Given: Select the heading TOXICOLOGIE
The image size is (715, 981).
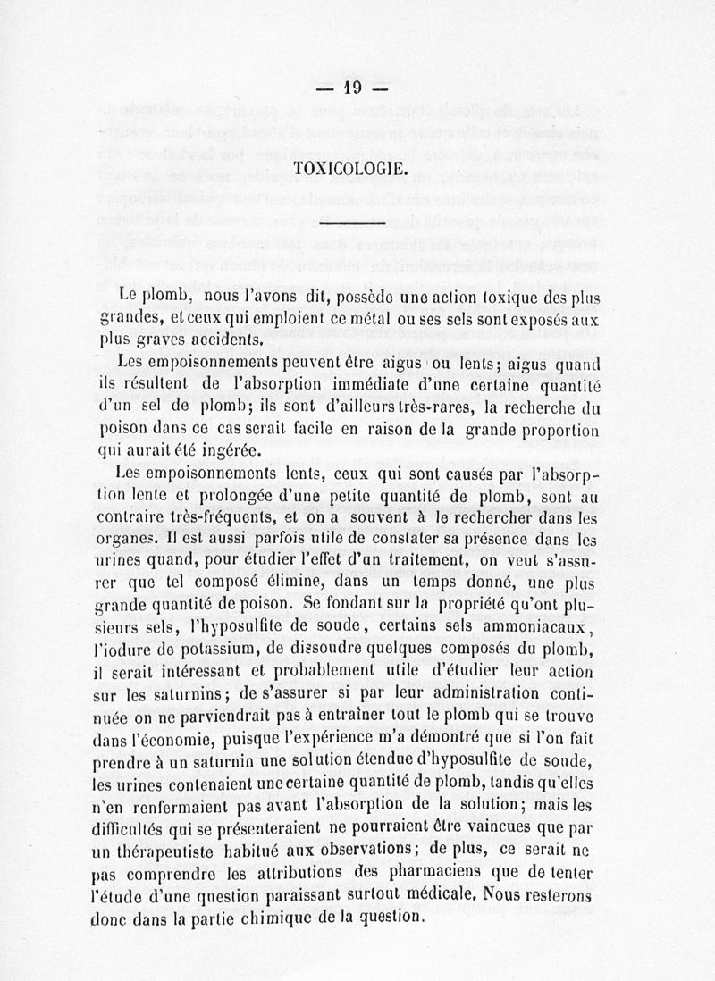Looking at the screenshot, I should (x=351, y=168).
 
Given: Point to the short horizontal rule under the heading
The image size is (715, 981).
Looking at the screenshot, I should (x=351, y=223).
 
